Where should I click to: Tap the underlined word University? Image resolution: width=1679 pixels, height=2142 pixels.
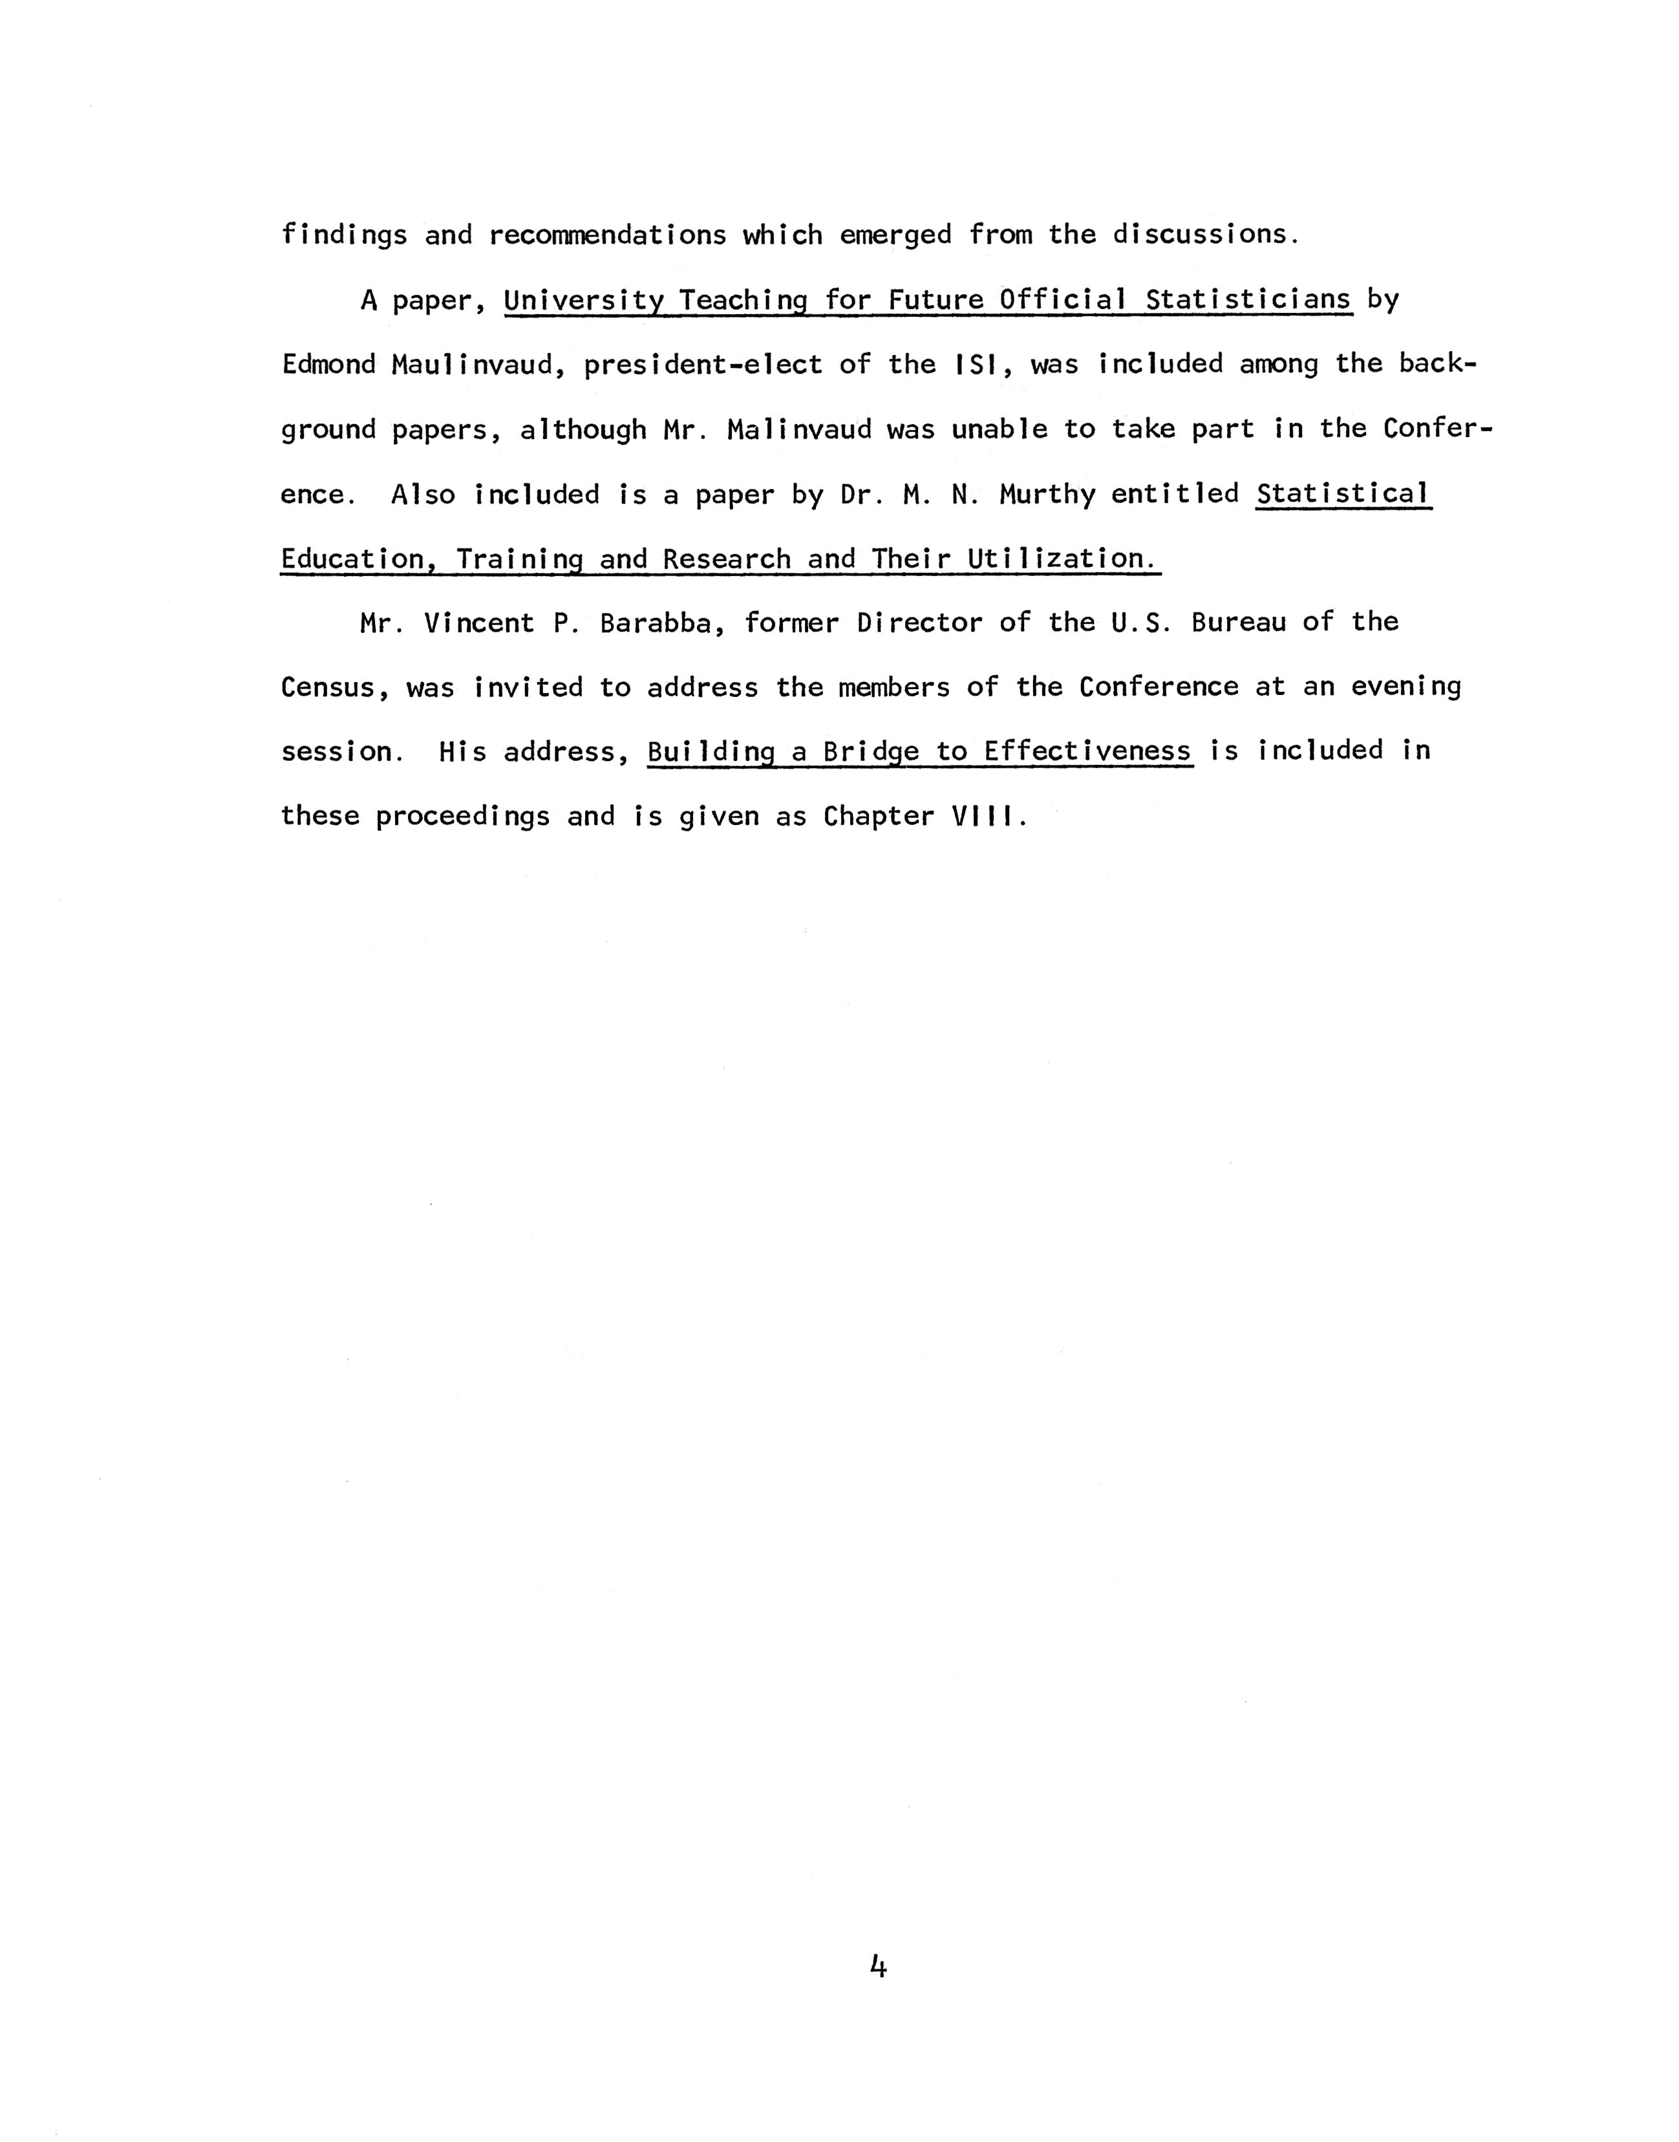click(583, 300)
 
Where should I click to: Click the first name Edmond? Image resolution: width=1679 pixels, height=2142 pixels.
click(328, 365)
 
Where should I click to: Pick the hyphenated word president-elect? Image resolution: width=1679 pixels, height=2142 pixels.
click(702, 365)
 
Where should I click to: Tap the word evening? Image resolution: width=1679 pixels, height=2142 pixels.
click(1406, 687)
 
